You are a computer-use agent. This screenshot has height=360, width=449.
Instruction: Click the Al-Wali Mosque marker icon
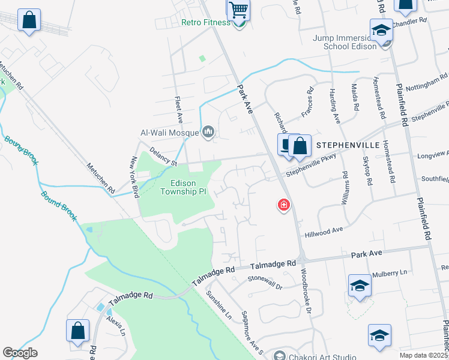(208, 131)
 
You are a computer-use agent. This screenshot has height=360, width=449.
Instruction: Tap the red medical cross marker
(283, 206)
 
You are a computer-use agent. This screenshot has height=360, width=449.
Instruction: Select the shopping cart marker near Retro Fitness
(238, 10)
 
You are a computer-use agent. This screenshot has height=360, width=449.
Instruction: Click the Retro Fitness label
(206, 23)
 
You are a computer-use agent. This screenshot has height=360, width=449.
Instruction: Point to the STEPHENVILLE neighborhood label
(348, 145)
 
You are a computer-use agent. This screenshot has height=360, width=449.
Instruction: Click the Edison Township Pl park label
(184, 187)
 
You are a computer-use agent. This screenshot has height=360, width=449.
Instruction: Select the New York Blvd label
(135, 177)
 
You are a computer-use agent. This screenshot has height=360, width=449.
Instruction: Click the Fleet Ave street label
(178, 114)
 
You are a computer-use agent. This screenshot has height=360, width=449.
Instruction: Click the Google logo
(20, 353)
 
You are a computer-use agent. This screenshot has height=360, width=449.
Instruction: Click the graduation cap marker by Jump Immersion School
(381, 30)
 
